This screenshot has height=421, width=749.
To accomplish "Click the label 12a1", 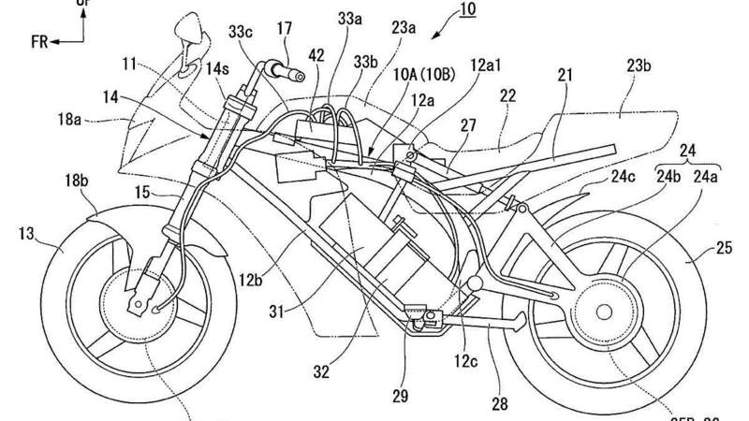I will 491,90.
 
